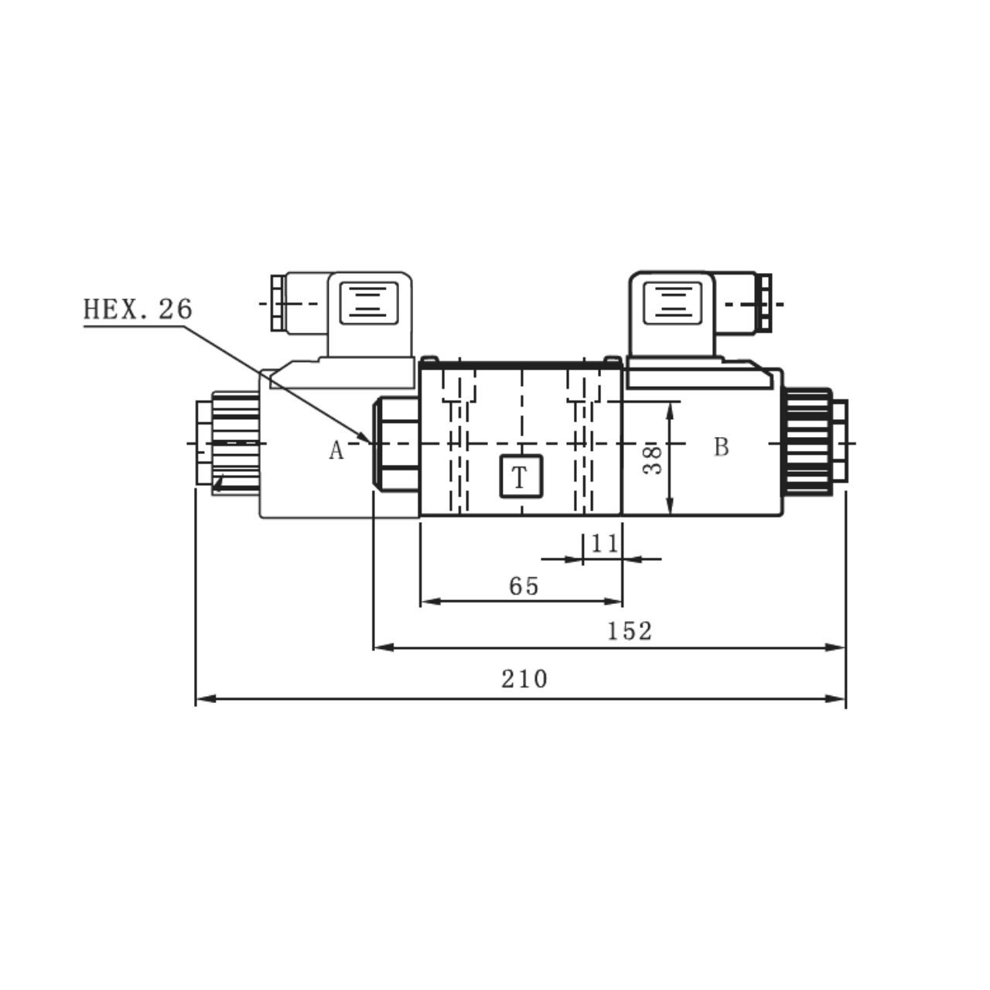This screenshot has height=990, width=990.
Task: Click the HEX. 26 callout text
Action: click(x=138, y=309)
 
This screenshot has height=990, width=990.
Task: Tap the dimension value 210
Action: click(x=524, y=679)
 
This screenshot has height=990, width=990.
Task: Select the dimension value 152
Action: click(x=629, y=631)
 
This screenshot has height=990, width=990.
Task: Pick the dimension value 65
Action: click(x=524, y=586)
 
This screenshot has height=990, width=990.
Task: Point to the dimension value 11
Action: click(x=604, y=544)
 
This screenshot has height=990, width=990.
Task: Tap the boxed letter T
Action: click(x=521, y=477)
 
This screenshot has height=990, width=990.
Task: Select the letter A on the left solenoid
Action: click(x=336, y=450)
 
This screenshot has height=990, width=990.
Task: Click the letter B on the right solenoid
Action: click(x=721, y=447)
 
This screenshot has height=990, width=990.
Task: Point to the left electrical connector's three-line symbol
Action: click(x=369, y=301)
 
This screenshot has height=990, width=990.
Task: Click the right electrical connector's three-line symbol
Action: click(x=674, y=301)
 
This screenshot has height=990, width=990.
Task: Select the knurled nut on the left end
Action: click(x=234, y=442)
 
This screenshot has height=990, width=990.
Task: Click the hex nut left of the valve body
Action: click(x=396, y=442)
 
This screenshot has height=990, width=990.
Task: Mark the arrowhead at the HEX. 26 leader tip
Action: click(x=366, y=438)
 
